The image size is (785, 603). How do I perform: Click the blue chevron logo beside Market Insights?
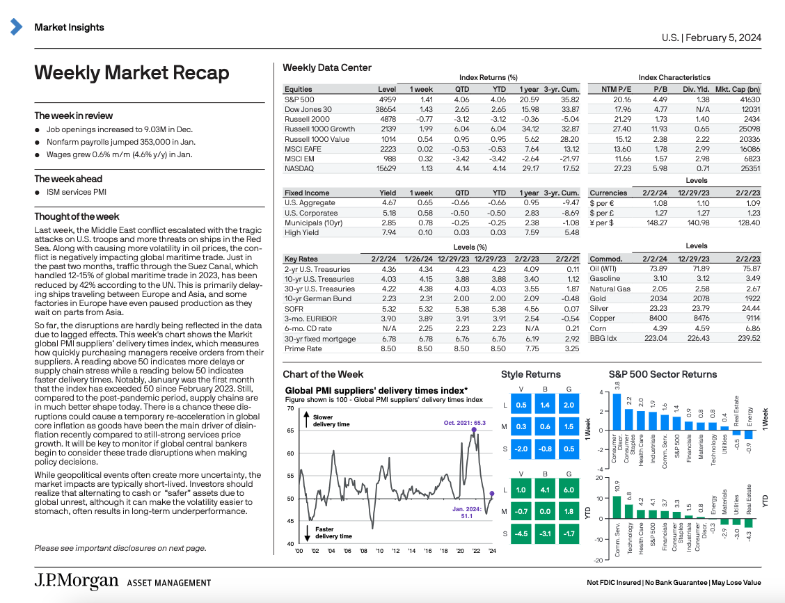(16, 27)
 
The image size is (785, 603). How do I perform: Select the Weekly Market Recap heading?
(132, 73)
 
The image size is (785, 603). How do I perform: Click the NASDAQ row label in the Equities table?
(299, 168)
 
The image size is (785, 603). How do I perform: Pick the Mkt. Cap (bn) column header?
(737, 89)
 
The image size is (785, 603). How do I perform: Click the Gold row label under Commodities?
(598, 299)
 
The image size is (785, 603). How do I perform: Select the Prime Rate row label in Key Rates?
(304, 349)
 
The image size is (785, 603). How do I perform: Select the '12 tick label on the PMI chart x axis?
(395, 551)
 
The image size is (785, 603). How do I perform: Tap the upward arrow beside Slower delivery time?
(307, 420)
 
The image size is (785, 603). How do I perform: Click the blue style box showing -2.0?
(520, 449)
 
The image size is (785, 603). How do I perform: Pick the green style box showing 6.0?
(569, 490)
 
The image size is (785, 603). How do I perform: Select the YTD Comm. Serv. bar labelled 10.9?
(617, 506)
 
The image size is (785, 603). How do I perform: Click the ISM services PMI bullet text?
(77, 193)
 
